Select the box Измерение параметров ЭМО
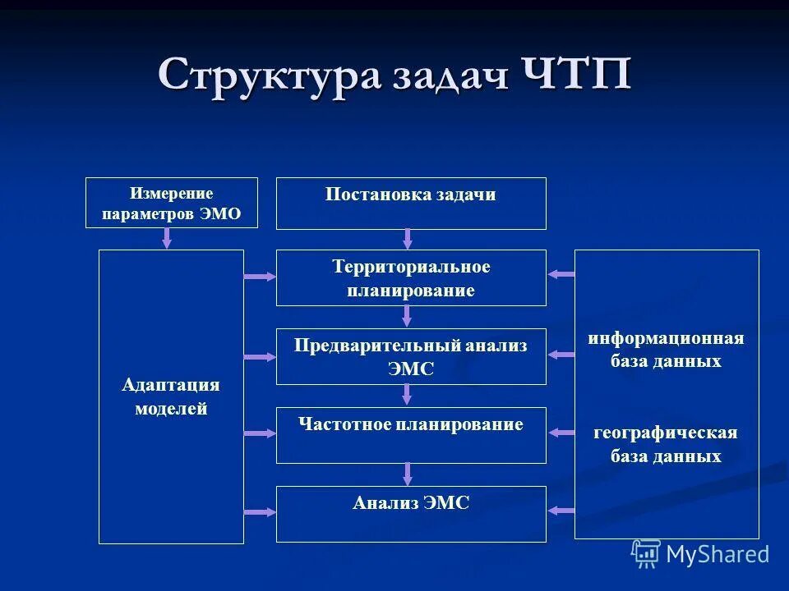(171, 204)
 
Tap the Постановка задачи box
(410, 203)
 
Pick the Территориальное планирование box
(410, 277)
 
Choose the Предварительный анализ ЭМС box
(410, 356)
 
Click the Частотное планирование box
(410, 435)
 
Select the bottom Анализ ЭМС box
(410, 514)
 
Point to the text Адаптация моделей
(171, 397)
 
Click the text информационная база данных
(666, 350)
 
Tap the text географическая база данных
(666, 444)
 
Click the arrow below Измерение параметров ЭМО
(168, 239)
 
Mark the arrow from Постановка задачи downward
(407, 239)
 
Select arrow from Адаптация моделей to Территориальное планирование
(260, 277)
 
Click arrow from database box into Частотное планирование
(561, 433)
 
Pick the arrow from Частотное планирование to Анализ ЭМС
(407, 474)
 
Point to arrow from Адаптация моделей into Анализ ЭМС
(260, 511)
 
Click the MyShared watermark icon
(646, 553)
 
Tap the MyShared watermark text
(718, 554)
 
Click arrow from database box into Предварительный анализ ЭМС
(561, 355)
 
